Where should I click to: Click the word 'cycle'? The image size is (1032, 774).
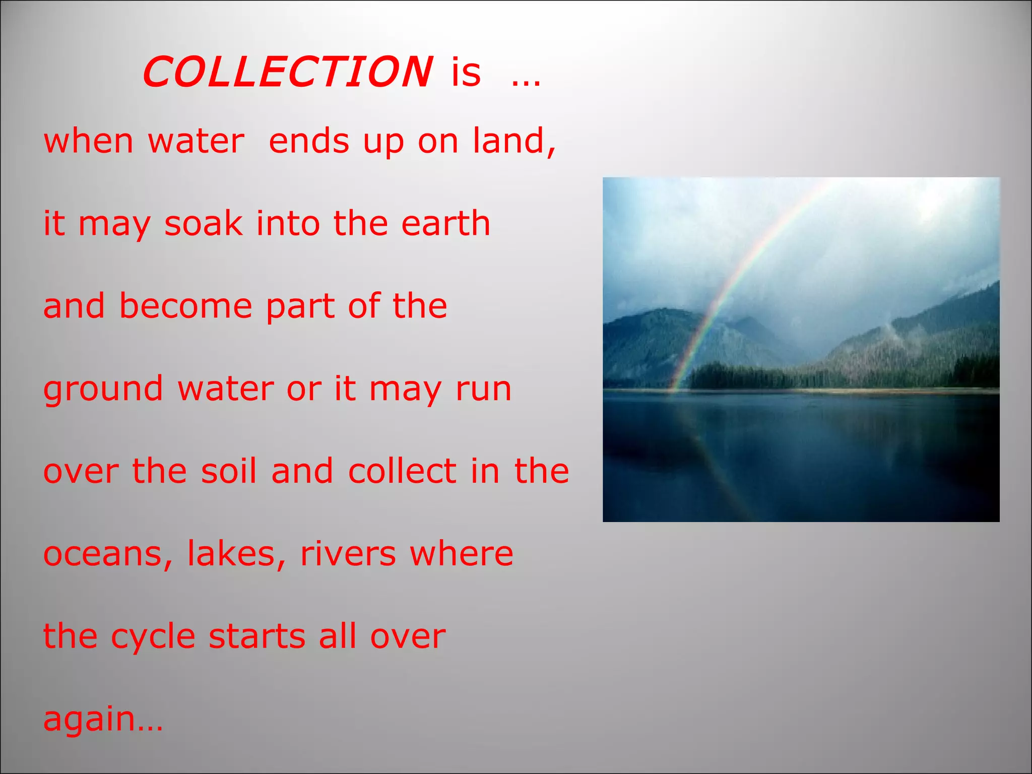[x=153, y=637]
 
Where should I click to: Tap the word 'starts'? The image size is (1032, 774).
[x=257, y=636]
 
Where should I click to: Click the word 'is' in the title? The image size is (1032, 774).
[x=466, y=72]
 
